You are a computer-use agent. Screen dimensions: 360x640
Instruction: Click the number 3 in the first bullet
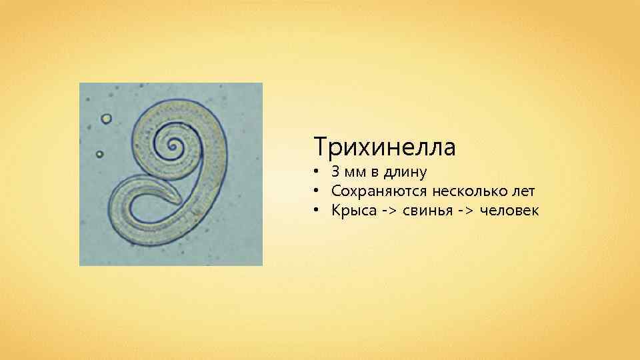[335, 172]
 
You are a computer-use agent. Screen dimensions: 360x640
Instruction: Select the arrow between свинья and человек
[465, 211]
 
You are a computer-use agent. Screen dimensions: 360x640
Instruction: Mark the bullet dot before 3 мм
[318, 173]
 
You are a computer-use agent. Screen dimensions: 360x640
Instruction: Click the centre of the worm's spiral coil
[175, 145]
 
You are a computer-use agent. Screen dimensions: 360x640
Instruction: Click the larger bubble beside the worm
[106, 119]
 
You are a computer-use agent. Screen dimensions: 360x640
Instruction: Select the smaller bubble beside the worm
[99, 154]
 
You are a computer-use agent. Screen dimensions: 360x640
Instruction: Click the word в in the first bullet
[375, 173]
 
